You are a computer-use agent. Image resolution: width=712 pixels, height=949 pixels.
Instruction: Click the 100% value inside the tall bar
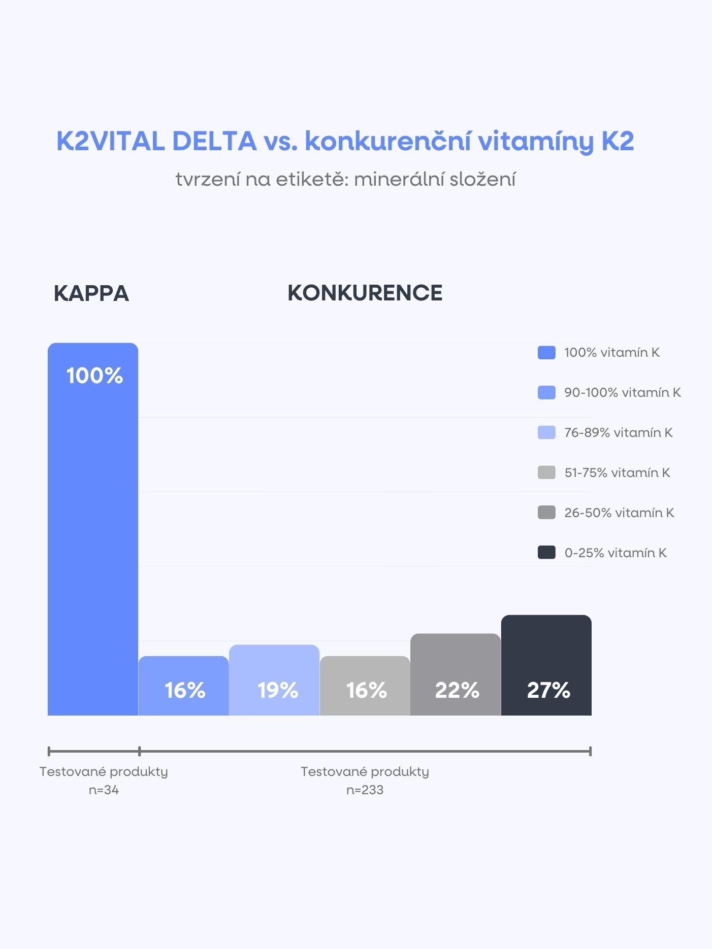click(94, 376)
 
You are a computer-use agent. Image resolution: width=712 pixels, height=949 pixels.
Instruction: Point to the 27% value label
click(548, 690)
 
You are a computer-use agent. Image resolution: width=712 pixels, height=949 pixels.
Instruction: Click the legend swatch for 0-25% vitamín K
click(546, 553)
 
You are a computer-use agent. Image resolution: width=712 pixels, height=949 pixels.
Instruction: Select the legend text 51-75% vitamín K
click(617, 473)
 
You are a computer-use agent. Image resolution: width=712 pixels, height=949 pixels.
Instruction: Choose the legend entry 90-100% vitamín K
click(622, 393)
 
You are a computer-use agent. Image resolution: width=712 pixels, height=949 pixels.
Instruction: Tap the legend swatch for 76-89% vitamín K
click(546, 432)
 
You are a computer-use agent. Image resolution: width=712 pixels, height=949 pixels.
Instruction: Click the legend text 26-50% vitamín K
click(619, 513)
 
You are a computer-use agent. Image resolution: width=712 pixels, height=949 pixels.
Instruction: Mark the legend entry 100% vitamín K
click(611, 353)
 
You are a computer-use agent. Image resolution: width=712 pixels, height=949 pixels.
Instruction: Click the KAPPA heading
click(91, 294)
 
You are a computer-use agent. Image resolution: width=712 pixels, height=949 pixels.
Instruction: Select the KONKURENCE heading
click(365, 293)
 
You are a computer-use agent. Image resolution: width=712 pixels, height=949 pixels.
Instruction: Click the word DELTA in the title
click(214, 141)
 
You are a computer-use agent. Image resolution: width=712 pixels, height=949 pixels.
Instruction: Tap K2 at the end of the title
click(618, 141)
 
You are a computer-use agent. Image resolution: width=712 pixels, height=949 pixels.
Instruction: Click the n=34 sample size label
click(104, 790)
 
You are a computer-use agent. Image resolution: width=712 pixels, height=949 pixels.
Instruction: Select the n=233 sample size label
click(365, 790)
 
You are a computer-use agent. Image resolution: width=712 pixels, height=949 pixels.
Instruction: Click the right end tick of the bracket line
click(590, 751)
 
